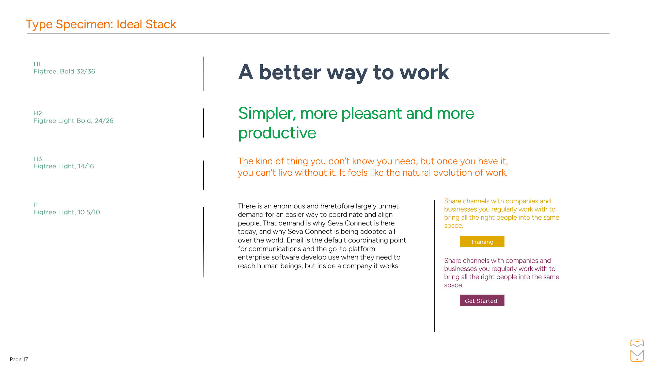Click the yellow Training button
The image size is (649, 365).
pyautogui.click(x=482, y=241)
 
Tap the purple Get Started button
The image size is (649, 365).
pyautogui.click(x=482, y=300)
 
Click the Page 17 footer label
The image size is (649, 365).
pyautogui.click(x=19, y=359)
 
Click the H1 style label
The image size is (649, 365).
pyautogui.click(x=37, y=64)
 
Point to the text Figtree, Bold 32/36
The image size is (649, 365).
pyautogui.click(x=64, y=71)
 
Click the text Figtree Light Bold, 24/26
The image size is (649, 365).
pyautogui.click(x=73, y=121)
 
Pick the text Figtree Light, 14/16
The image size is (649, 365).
pyautogui.click(x=64, y=166)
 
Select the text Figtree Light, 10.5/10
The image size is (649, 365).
pyautogui.click(x=67, y=212)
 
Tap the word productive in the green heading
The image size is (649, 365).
pyautogui.click(x=277, y=133)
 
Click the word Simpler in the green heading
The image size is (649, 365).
pyautogui.click(x=267, y=113)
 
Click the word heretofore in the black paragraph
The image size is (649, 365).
pyautogui.click(x=337, y=206)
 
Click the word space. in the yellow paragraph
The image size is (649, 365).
pyautogui.click(x=453, y=226)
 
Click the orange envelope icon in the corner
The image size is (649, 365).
pyautogui.click(x=637, y=356)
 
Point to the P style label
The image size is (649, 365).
pyautogui.click(x=36, y=205)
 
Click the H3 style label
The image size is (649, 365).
pyautogui.click(x=38, y=159)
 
